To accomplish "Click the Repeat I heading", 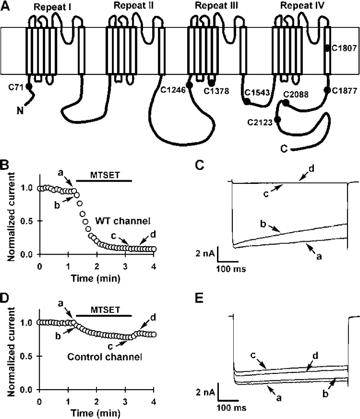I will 50,7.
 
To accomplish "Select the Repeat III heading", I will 211,7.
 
